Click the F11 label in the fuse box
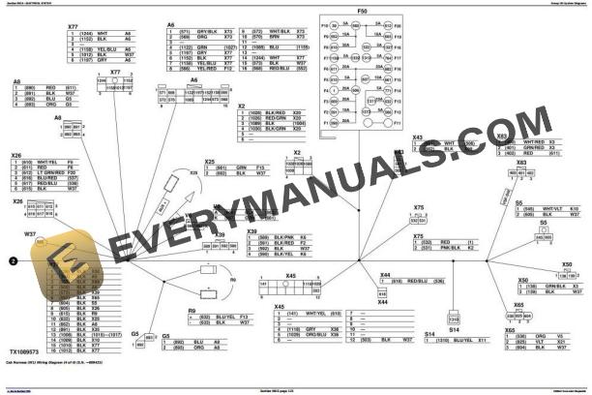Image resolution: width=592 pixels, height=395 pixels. (395, 124)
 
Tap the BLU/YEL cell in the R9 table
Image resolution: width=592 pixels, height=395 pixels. (224, 317)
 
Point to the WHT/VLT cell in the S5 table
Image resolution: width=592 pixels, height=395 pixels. (551, 208)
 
